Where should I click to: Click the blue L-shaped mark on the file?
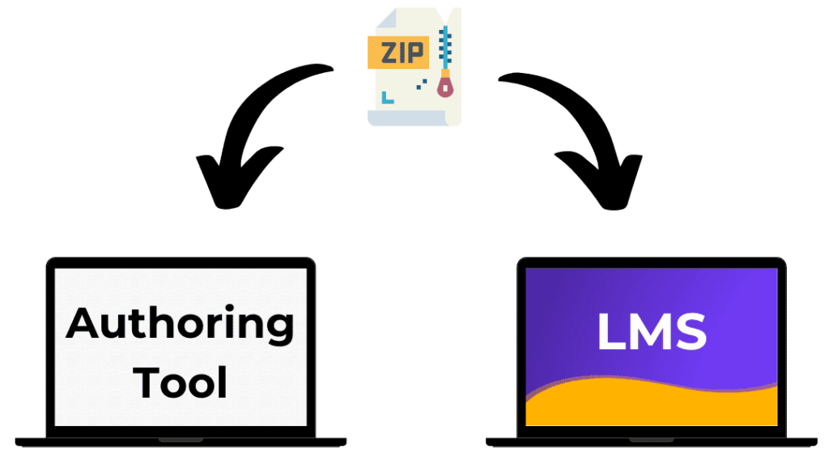387,96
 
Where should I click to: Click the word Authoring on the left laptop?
180,325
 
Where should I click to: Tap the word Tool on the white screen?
181,381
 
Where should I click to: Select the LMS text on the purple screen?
652,332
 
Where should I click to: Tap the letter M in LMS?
650,332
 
